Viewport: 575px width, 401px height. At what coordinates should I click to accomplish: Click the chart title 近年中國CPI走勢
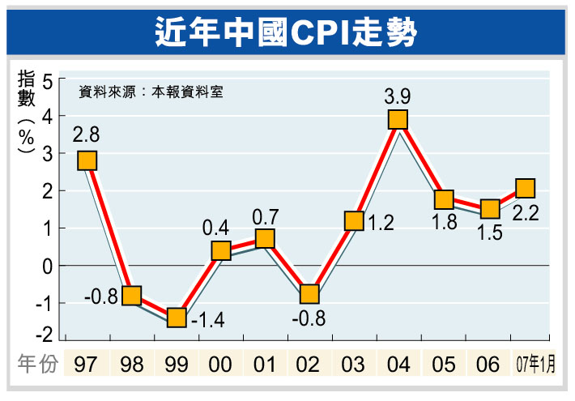(x=287, y=32)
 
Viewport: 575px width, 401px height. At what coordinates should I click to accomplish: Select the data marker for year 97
(x=87, y=160)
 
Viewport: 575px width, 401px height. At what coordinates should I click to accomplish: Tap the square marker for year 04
(x=398, y=120)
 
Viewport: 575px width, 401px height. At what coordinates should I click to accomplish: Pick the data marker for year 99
(x=177, y=318)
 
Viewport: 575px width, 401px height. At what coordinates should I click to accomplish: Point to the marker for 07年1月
(x=525, y=189)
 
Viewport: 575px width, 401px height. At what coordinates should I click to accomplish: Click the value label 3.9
(x=398, y=96)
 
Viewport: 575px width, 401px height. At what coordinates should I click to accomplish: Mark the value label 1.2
(x=379, y=224)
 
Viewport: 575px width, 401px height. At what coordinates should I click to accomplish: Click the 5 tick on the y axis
(x=49, y=81)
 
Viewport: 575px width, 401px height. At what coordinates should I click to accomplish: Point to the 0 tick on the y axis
(x=49, y=266)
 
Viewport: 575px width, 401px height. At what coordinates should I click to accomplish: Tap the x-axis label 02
(x=309, y=366)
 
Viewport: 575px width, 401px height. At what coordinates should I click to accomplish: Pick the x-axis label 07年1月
(x=535, y=366)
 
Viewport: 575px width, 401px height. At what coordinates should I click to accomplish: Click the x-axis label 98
(x=132, y=366)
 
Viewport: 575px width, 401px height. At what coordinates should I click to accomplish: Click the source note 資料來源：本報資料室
(x=150, y=92)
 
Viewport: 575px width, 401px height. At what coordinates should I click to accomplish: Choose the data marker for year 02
(x=309, y=294)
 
